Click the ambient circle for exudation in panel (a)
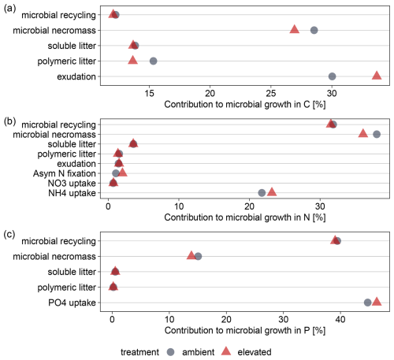pyautogui.click(x=332, y=76)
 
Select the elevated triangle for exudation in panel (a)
pyautogui.click(x=377, y=76)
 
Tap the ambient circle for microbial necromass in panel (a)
pyautogui.click(x=314, y=30)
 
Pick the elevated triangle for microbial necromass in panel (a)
pyautogui.click(x=295, y=29)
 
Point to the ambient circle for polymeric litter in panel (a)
pyautogui.click(x=153, y=61)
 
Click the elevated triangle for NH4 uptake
pyautogui.click(x=272, y=192)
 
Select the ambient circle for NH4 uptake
pyautogui.click(x=262, y=193)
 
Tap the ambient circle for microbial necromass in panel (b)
pyautogui.click(x=377, y=134)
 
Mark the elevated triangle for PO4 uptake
pyautogui.click(x=377, y=302)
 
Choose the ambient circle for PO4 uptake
pyautogui.click(x=367, y=302)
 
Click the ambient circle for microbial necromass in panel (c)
pyautogui.click(x=198, y=256)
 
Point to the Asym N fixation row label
pyautogui.click(x=65, y=173)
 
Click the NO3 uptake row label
pyautogui.click(x=72, y=183)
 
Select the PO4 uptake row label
pyautogui.click(x=72, y=302)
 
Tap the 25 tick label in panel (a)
pyautogui.click(x=271, y=93)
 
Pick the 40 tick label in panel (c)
pyautogui.click(x=340, y=319)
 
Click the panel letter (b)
pyautogui.click(x=9, y=121)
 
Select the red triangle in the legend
pyautogui.click(x=226, y=351)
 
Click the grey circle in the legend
pyautogui.click(x=171, y=352)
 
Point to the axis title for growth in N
pyautogui.click(x=245, y=217)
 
